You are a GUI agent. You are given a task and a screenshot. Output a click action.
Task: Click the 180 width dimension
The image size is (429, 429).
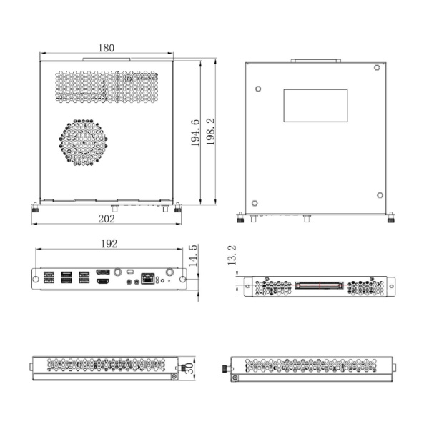pos(106,48)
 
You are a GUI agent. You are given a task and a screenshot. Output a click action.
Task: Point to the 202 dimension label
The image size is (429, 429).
pos(106,218)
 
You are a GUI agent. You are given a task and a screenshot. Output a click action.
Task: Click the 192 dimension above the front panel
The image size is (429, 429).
pos(109,244)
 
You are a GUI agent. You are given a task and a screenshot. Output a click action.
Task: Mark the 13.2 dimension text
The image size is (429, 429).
pos(232,257)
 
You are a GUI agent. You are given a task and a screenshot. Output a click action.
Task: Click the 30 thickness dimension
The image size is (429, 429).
pos(189,368)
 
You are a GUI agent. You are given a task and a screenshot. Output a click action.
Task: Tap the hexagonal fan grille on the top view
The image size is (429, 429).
pos(84,142)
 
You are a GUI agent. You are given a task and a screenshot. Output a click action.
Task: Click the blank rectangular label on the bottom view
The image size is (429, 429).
pos(315,105)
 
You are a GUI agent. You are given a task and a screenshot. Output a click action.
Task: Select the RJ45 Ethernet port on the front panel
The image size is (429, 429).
pos(148,277)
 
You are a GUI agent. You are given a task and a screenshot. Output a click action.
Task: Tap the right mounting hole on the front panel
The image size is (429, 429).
pos(182,278)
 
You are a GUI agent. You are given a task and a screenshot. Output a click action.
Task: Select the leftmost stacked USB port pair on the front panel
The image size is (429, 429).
pos(49,277)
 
